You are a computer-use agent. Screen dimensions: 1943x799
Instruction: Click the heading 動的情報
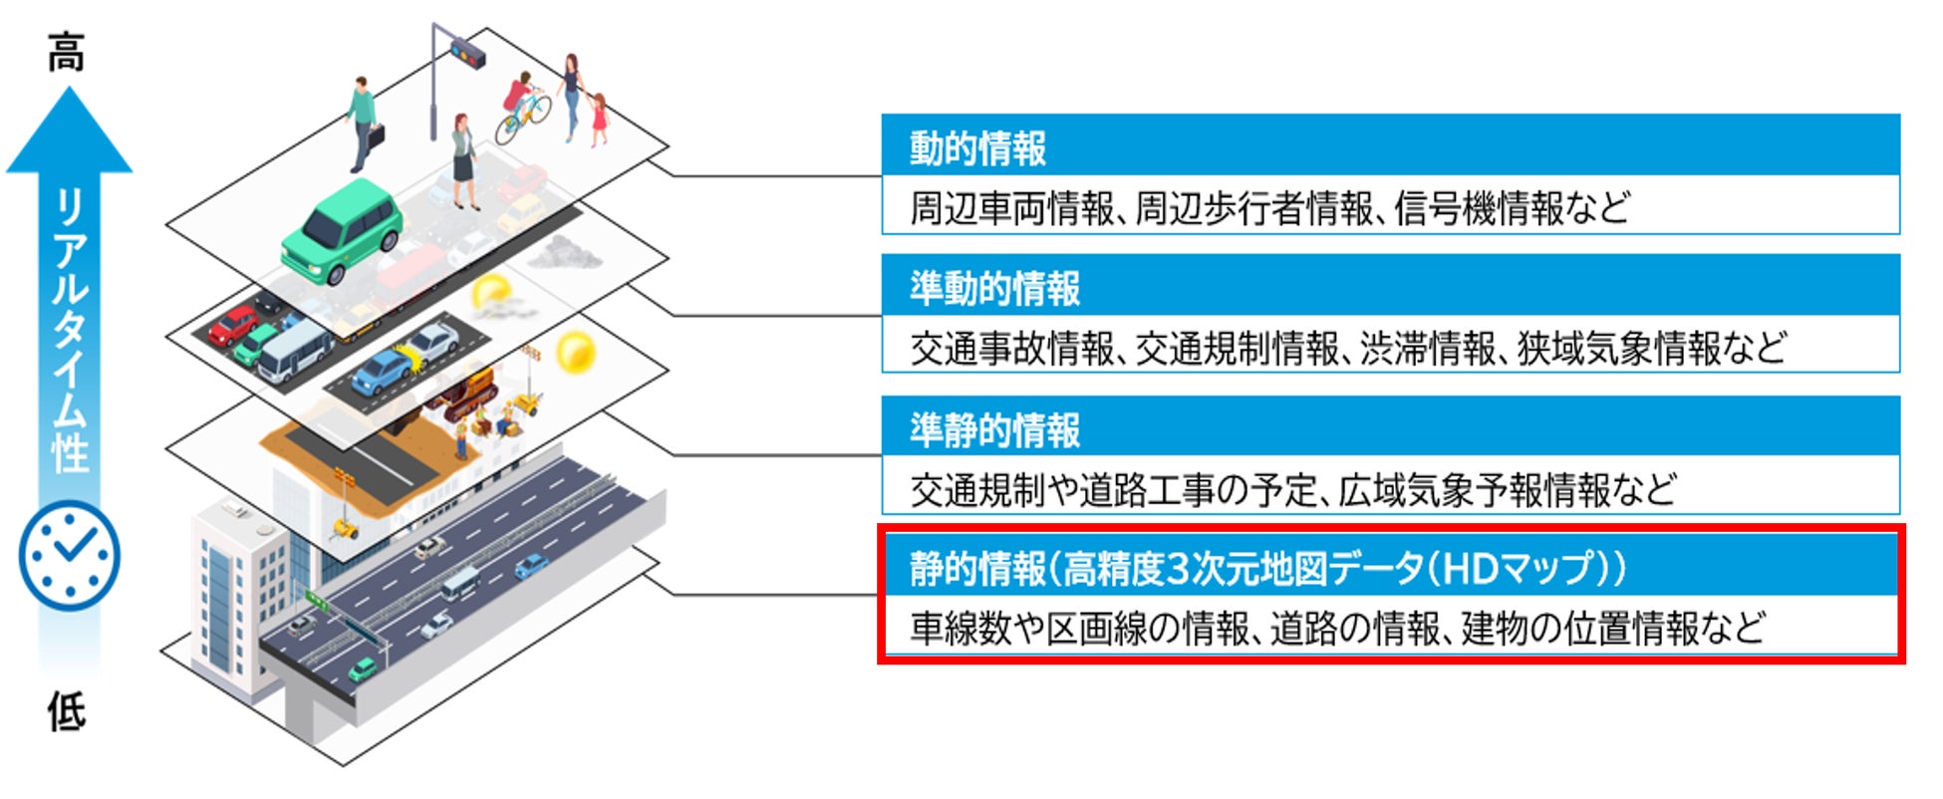coord(976,148)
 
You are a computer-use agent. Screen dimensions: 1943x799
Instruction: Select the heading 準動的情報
coord(993,289)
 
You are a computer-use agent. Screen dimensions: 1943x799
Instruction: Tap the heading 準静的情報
coord(993,430)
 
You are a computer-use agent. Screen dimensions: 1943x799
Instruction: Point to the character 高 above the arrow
coord(68,52)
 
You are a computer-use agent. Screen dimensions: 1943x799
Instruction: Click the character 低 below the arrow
coord(68,711)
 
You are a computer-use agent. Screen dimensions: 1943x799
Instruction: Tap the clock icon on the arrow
coord(69,555)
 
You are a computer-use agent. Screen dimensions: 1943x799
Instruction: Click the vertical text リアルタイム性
coord(70,329)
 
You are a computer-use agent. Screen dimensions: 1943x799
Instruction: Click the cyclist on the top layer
coord(522,108)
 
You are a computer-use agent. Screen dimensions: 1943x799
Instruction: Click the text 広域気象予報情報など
coord(1507,490)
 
